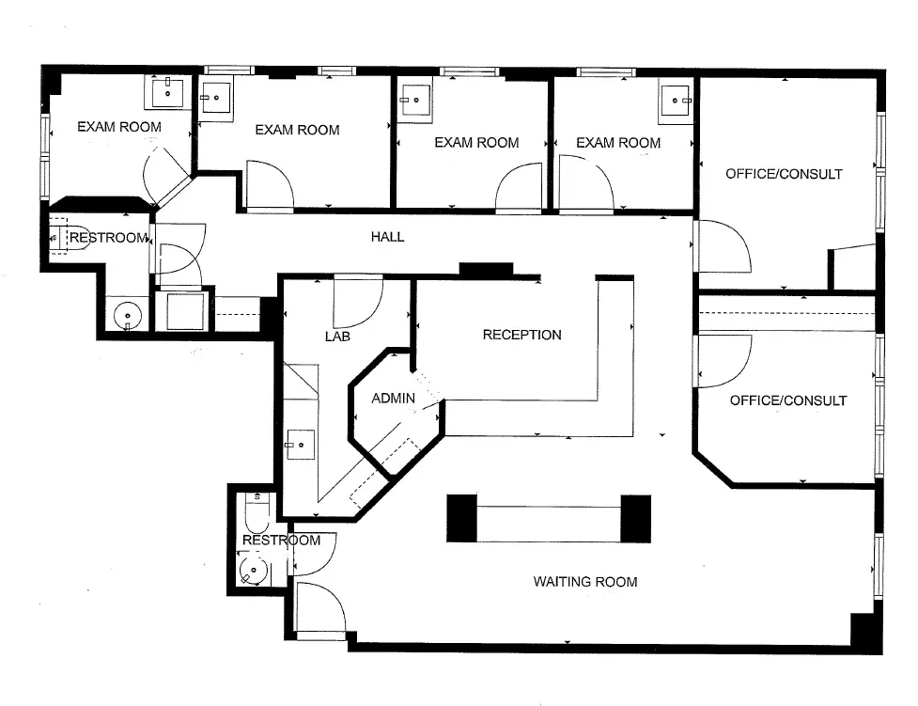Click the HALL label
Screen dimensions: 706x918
pyautogui.click(x=387, y=237)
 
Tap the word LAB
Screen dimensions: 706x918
pyautogui.click(x=337, y=336)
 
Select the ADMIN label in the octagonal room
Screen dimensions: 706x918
pyautogui.click(x=393, y=399)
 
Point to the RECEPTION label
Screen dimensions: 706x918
pyautogui.click(x=521, y=335)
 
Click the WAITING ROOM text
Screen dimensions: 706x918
pyautogui.click(x=584, y=582)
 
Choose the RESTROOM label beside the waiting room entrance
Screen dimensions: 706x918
pyautogui.click(x=281, y=541)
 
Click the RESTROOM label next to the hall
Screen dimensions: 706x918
pyautogui.click(x=109, y=238)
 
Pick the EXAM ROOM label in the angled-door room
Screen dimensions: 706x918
pyautogui.click(x=118, y=127)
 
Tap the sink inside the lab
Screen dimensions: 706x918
pyautogui.click(x=302, y=442)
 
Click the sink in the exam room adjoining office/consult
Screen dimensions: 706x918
pyautogui.click(x=676, y=98)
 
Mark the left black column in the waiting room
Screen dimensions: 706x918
pyautogui.click(x=462, y=518)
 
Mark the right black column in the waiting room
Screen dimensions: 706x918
pyautogui.click(x=636, y=518)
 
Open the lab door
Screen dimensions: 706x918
pyautogui.click(x=357, y=299)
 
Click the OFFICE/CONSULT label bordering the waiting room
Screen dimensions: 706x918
pyautogui.click(x=787, y=400)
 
